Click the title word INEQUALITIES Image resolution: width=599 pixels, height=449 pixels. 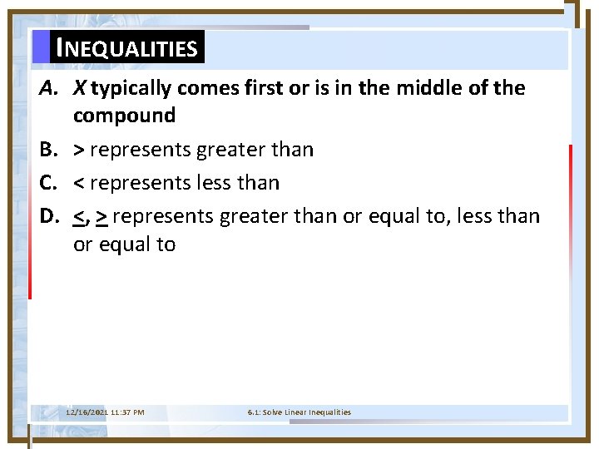[126, 48]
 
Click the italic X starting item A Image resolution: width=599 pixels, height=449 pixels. [80, 88]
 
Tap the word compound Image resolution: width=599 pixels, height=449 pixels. [124, 116]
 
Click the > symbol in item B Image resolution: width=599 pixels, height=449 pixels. [79, 150]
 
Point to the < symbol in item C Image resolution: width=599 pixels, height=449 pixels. [79, 183]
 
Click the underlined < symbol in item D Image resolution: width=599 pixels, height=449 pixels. [79, 217]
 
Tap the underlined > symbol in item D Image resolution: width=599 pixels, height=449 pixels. [101, 217]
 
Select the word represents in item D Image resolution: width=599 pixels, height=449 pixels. [163, 217]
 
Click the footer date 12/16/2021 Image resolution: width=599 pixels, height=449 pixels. [87, 412]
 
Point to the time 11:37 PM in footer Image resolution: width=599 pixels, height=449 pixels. [127, 412]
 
